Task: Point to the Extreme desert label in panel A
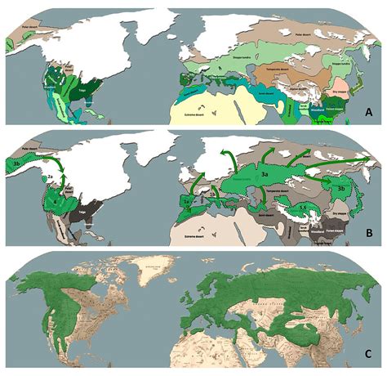point(197,107)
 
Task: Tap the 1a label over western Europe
point(187,199)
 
